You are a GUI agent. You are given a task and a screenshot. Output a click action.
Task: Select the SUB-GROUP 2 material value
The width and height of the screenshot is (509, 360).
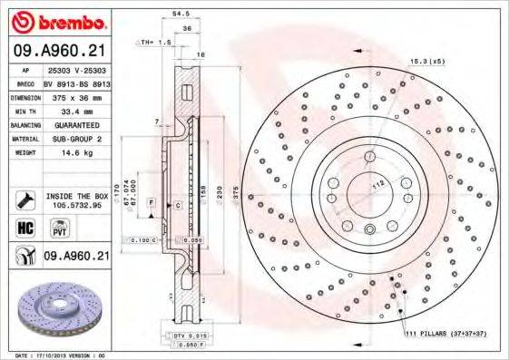pos(77,138)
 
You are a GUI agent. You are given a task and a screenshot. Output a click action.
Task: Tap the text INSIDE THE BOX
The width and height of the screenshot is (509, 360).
pos(77,196)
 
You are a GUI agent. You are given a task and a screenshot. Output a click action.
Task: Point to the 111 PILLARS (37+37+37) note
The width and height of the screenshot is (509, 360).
pos(445,335)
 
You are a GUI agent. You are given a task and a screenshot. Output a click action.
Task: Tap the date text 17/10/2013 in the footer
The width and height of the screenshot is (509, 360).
pos(56,355)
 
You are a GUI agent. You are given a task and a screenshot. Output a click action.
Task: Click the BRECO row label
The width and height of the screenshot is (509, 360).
pos(25,82)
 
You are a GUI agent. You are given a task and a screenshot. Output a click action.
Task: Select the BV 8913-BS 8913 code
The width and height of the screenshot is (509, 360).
pos(76,82)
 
